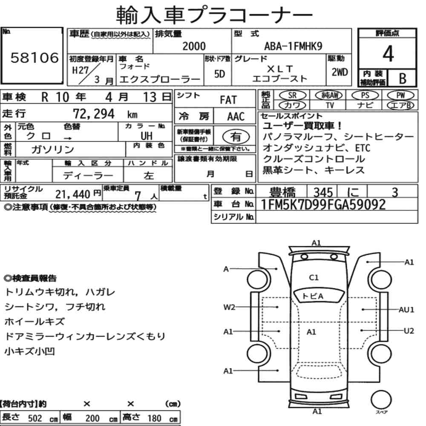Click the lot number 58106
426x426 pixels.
tap(35, 58)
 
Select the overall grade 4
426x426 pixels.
tap(388, 54)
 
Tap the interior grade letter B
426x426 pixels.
tap(403, 78)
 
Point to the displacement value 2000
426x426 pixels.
tap(194, 46)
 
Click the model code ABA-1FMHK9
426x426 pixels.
tap(293, 46)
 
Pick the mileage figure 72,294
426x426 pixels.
tap(94, 114)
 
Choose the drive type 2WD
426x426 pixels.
tap(340, 72)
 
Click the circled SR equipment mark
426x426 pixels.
tap(293, 95)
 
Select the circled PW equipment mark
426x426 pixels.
tap(400, 95)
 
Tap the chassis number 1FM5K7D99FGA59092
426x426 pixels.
tap(323, 204)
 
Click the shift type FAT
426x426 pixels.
tap(228, 100)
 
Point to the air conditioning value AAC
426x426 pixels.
tap(236, 117)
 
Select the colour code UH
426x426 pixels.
tap(147, 136)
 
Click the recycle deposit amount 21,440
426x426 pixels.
tap(73, 194)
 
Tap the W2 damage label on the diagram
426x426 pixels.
tap(229, 307)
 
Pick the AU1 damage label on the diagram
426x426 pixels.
tap(406, 310)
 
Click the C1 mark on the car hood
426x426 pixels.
tap(314, 277)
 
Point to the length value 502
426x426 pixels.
tap(35, 418)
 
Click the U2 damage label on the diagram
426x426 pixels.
tap(409, 331)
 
